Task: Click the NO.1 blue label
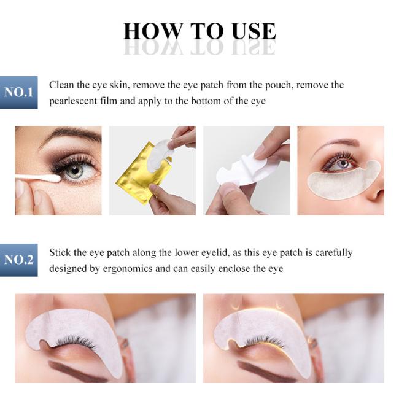[x=18, y=92]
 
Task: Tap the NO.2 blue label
[x=18, y=260]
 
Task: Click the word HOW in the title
[x=153, y=31]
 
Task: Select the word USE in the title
[x=254, y=31]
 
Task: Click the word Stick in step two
[x=60, y=252]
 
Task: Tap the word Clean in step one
[x=61, y=85]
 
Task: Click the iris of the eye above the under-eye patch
[x=344, y=163]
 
